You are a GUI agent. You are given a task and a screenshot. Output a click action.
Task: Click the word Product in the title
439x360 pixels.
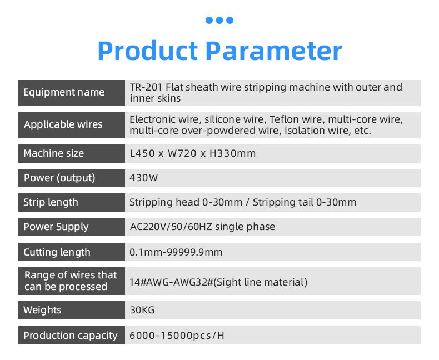(x=148, y=51)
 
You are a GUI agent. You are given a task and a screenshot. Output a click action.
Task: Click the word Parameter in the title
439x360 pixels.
(x=274, y=51)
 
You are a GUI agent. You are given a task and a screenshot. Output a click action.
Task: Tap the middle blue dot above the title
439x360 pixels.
(x=219, y=20)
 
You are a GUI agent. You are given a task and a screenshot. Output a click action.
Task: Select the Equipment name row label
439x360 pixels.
(x=64, y=92)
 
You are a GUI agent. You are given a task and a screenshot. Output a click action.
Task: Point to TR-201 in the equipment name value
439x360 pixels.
(x=146, y=87)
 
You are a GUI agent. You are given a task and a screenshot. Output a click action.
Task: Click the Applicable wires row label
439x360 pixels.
(x=63, y=124)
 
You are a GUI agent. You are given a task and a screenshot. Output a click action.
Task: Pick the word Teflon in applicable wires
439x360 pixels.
(x=282, y=119)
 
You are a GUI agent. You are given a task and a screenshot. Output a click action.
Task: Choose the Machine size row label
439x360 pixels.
(x=54, y=153)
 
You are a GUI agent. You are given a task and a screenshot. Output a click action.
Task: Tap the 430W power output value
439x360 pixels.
(x=144, y=178)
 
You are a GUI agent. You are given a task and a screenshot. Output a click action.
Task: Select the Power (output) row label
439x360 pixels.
(x=59, y=178)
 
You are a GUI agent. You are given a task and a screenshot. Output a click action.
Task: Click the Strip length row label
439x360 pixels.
(x=51, y=202)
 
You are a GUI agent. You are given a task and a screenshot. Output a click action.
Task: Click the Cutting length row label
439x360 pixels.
(x=57, y=252)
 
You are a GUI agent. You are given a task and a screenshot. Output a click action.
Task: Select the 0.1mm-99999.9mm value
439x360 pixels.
(x=176, y=252)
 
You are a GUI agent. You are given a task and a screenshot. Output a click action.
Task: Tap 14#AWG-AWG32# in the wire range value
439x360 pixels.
(x=171, y=282)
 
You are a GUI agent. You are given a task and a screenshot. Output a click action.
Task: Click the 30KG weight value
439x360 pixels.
(x=142, y=310)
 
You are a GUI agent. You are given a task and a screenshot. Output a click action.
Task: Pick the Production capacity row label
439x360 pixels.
(x=70, y=336)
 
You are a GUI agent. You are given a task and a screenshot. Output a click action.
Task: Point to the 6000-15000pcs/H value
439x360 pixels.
(x=177, y=336)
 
